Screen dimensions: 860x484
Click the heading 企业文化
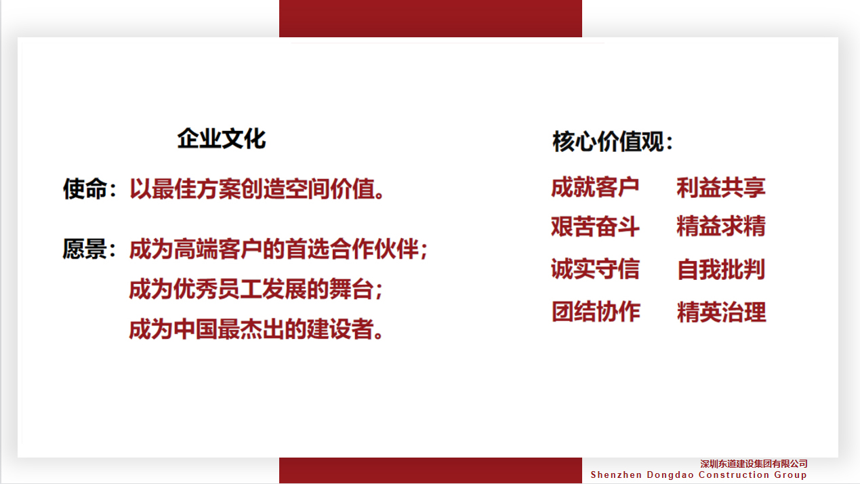point(221,139)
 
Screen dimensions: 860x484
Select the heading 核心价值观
point(608,142)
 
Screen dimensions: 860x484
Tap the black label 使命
point(85,188)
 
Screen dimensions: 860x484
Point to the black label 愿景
point(85,249)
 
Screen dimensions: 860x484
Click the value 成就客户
point(595,187)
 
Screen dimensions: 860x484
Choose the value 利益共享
point(721,188)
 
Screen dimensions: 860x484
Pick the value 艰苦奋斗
point(595,226)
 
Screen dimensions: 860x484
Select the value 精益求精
point(721,226)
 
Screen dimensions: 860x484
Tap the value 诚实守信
point(595,268)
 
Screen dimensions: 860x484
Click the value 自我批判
point(721,269)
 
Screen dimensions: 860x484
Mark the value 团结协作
point(596,311)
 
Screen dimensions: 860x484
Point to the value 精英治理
point(721,312)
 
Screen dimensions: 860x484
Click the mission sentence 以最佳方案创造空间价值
point(252,188)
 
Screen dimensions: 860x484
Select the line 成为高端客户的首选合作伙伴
point(274,249)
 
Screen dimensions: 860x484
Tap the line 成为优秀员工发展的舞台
point(251,289)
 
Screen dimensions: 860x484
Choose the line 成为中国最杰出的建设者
point(251,329)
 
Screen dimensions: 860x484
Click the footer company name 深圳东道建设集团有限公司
point(754,464)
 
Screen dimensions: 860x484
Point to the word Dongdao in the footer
point(670,475)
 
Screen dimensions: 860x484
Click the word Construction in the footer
point(734,475)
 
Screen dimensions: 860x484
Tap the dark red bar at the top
point(430,18)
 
